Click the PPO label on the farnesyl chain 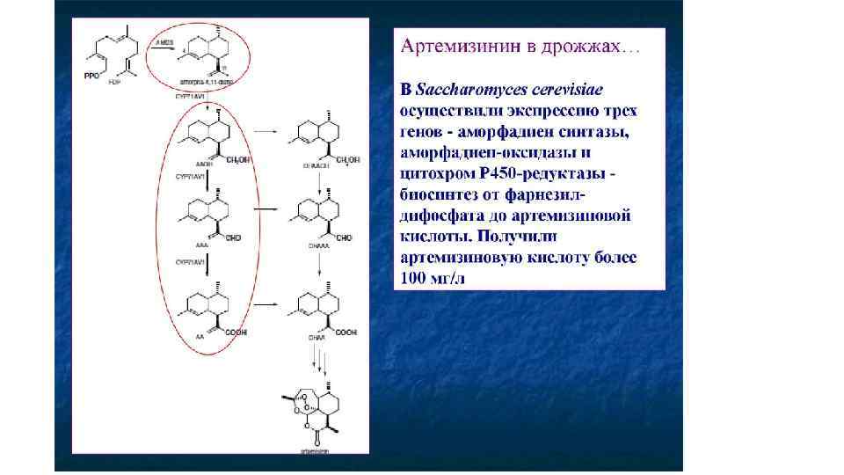[91, 77]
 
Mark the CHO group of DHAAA [343, 238]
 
